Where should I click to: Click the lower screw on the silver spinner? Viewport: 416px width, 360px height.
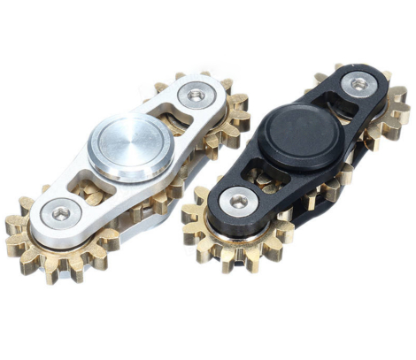60,213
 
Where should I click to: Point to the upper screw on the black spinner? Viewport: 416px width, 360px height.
358,85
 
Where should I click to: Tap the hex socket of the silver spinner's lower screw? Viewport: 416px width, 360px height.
60,213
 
